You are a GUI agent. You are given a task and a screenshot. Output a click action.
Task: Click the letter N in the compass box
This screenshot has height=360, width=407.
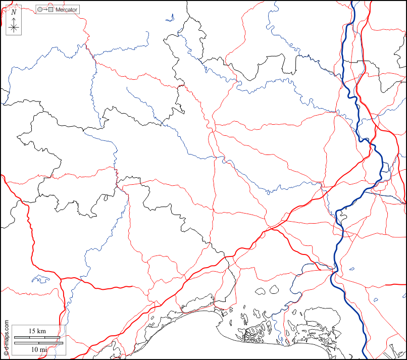[14, 12]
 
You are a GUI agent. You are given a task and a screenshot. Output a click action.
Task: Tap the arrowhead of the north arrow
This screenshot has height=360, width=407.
[14, 18]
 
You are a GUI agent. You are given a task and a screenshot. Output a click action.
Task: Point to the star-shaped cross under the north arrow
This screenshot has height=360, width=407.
[14, 27]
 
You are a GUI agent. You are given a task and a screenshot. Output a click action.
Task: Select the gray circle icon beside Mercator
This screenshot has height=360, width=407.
[40, 10]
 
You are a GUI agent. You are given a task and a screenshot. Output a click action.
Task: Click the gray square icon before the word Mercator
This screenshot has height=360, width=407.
[51, 10]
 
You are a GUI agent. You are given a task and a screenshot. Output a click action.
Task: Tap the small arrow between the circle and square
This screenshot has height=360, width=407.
[45, 10]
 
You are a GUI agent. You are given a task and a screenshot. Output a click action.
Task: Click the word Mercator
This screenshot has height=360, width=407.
[67, 10]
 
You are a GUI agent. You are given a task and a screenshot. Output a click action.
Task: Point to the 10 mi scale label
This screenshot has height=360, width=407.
[38, 349]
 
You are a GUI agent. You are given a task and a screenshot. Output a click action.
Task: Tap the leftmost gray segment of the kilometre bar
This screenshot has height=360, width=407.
[20, 337]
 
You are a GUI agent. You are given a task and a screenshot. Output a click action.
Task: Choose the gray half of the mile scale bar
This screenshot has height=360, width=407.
[26, 343]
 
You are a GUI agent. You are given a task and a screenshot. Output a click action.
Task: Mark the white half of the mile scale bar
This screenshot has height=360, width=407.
[51, 343]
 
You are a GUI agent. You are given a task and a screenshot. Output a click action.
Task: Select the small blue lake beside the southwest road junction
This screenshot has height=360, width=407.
[38, 278]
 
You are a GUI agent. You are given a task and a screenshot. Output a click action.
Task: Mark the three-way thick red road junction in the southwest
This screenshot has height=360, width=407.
[62, 279]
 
